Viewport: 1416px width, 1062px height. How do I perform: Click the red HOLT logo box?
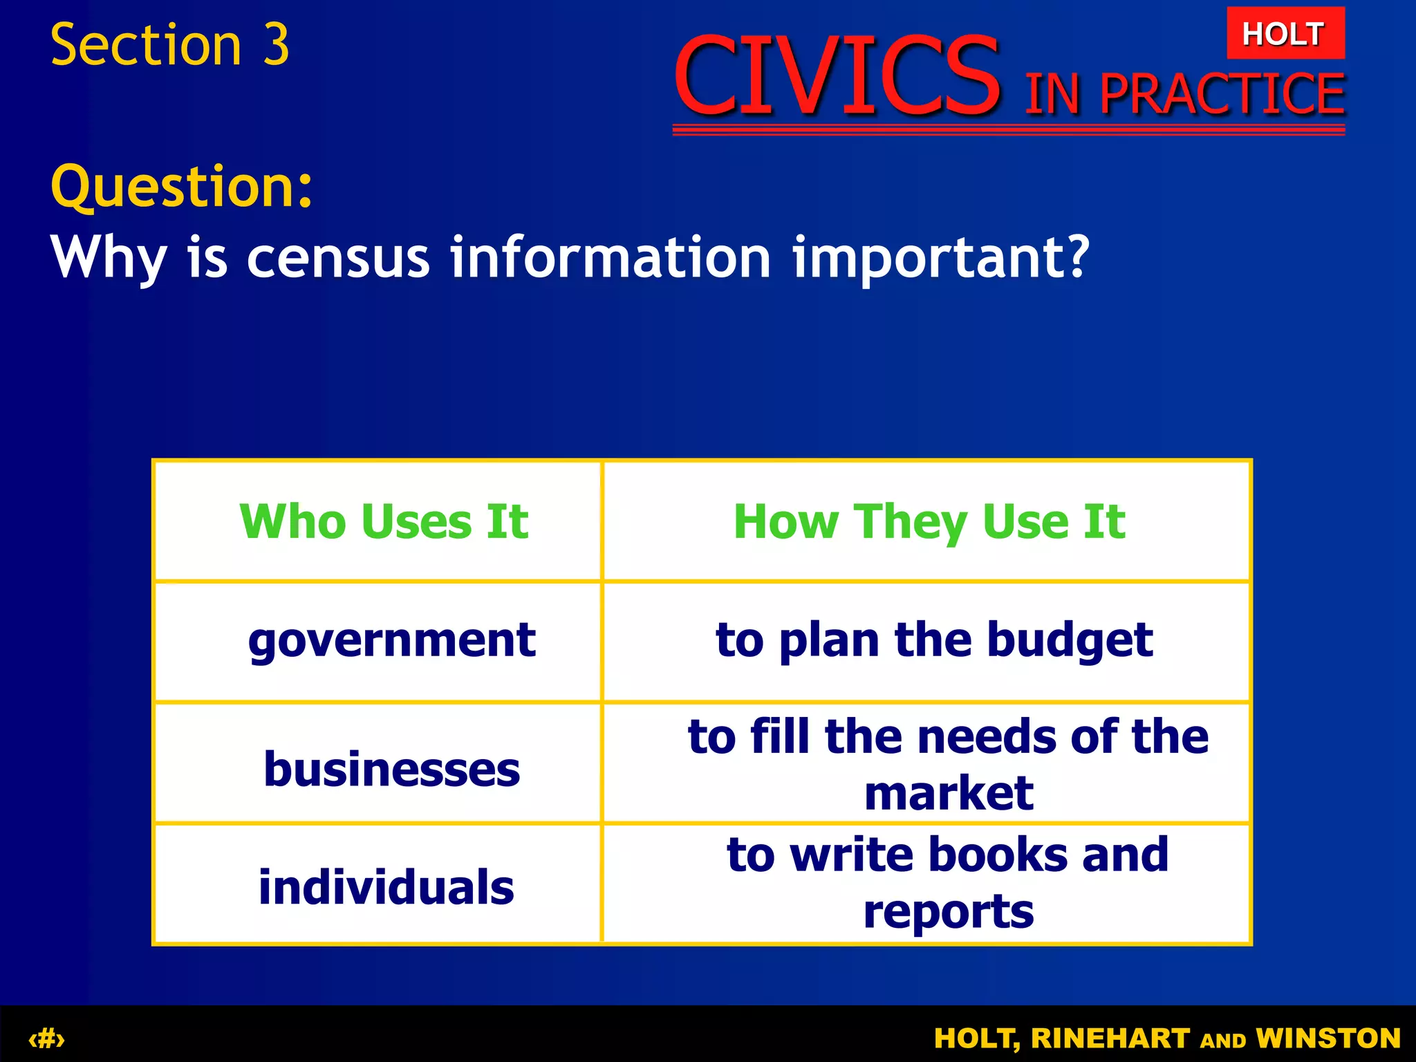pyautogui.click(x=1285, y=33)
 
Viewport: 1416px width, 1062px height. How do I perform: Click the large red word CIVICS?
pyautogui.click(x=837, y=76)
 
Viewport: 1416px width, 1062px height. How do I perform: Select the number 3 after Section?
pyautogui.click(x=276, y=46)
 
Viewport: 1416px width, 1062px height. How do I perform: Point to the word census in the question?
pyautogui.click(x=338, y=257)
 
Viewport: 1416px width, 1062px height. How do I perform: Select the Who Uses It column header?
pyautogui.click(x=384, y=521)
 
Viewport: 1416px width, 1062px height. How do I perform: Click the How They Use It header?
pyautogui.click(x=929, y=521)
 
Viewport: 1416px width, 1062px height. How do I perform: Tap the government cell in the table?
pyautogui.click(x=391, y=640)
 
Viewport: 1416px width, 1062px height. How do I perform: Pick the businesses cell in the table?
pyautogui.click(x=391, y=769)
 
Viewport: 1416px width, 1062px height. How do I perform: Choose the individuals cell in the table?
pyautogui.click(x=386, y=888)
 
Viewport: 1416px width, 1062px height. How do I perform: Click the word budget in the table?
pyautogui.click(x=1070, y=640)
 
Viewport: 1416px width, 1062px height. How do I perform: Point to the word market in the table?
pyautogui.click(x=949, y=794)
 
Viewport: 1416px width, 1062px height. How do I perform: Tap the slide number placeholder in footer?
pyautogui.click(x=46, y=1038)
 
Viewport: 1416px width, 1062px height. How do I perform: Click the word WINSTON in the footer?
pyautogui.click(x=1328, y=1038)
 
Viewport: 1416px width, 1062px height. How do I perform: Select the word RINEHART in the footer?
pyautogui.click(x=1110, y=1038)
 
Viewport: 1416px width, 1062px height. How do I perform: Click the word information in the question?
pyautogui.click(x=610, y=257)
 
